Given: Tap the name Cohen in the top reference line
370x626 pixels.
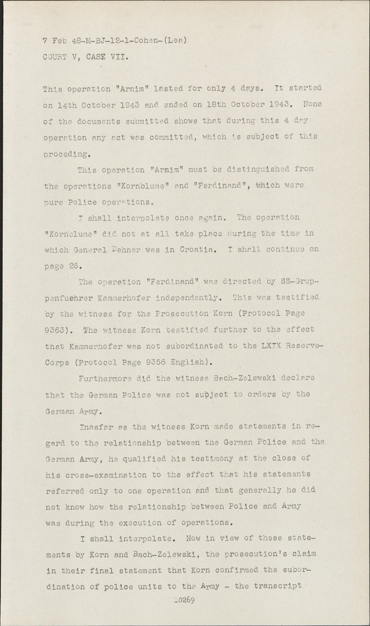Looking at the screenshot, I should tap(157, 40).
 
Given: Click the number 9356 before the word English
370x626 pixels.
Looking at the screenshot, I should tap(153, 362).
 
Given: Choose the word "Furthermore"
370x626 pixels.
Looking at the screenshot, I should tap(104, 378).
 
